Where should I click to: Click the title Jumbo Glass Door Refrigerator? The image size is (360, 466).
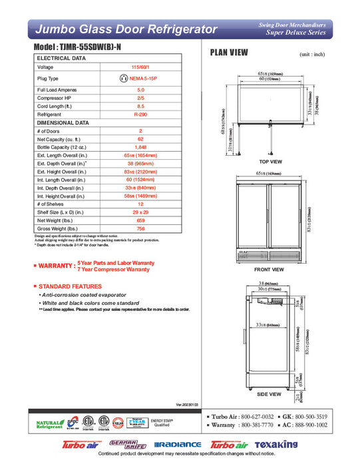126,29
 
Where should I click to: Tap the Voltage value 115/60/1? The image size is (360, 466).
140,67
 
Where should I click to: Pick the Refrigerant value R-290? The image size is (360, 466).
140,115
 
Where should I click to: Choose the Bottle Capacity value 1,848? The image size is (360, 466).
140,147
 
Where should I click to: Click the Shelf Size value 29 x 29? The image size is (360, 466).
140,212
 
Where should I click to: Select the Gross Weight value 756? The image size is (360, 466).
140,228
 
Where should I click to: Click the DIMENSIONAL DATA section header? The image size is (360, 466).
63,122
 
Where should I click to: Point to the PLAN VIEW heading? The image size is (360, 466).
230,53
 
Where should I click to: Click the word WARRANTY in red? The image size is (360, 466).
57,266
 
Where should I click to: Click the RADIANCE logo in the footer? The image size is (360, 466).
177,445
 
